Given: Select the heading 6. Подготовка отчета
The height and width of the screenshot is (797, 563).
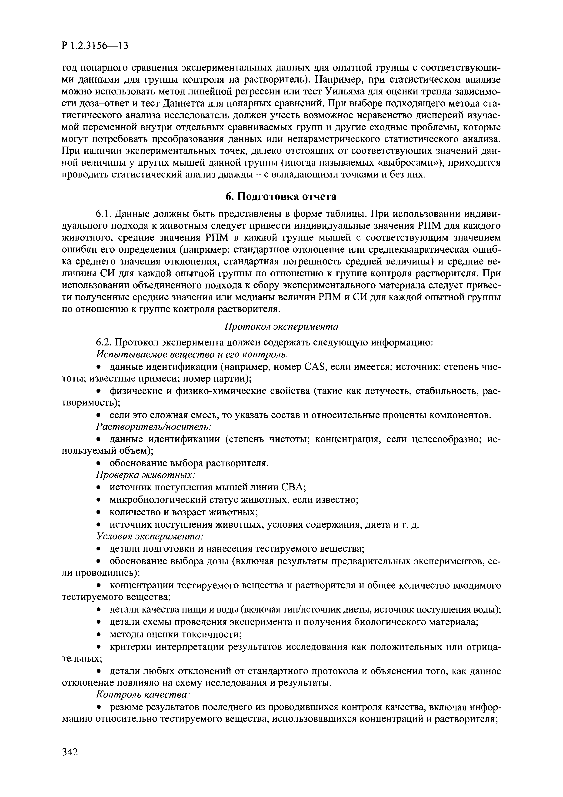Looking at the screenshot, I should coord(281,197).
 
